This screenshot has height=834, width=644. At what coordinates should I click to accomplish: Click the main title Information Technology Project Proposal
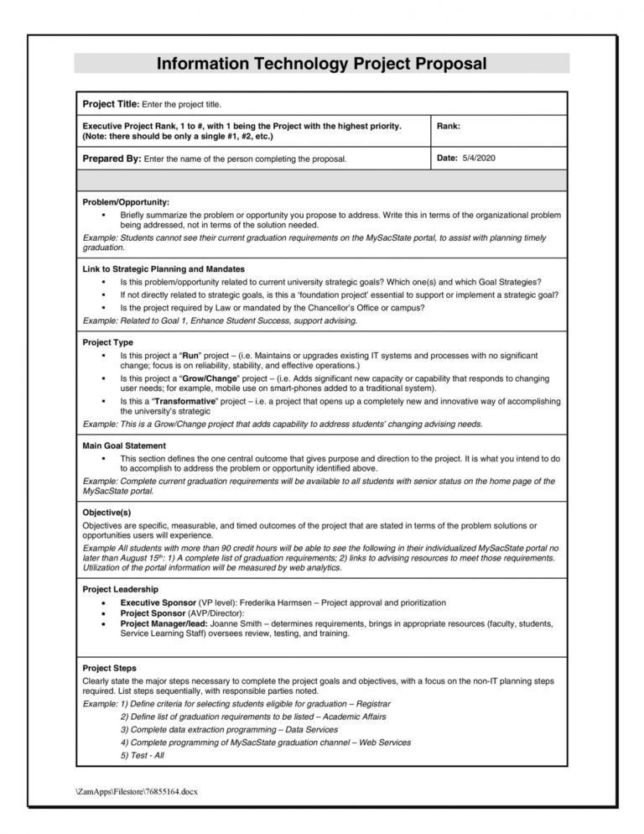tap(321, 65)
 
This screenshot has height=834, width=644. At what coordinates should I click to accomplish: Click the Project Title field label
tap(109, 104)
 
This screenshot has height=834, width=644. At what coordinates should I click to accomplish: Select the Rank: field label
tap(449, 126)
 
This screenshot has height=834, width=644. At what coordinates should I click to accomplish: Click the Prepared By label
tap(111, 158)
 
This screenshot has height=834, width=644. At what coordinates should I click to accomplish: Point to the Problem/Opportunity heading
tap(126, 203)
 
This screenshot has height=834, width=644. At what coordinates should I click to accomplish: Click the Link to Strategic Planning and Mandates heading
tap(164, 269)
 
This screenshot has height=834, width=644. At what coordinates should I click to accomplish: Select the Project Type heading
tap(107, 342)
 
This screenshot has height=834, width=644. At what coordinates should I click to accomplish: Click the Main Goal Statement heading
tap(124, 446)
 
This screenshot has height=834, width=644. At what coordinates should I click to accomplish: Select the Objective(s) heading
tap(106, 512)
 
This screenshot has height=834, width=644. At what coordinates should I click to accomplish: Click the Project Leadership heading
tap(122, 590)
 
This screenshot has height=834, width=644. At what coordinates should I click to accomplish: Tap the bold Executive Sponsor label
tap(158, 603)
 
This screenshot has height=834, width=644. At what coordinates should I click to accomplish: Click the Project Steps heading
tap(110, 668)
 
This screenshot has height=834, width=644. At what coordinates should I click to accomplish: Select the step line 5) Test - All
tap(143, 754)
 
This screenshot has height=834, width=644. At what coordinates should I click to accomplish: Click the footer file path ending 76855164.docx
tap(138, 790)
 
